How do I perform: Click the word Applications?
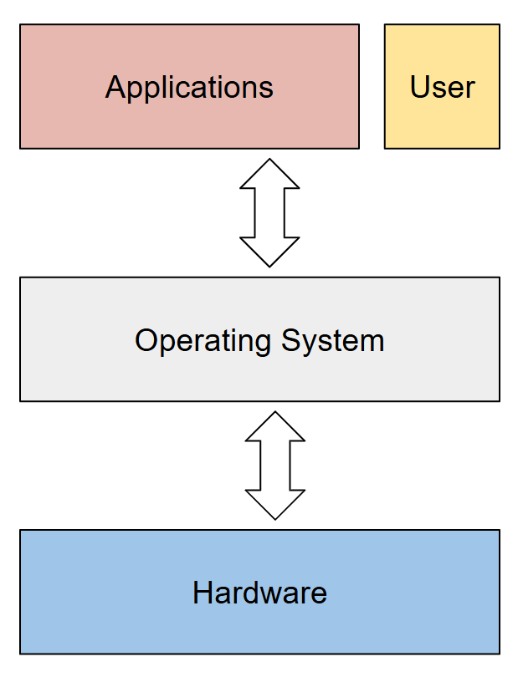click(x=189, y=88)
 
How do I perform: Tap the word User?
click(x=442, y=88)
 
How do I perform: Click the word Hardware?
click(x=259, y=593)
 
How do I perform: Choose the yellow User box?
click(x=442, y=125)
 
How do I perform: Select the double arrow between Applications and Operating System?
click(x=269, y=213)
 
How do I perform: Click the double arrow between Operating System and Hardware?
click(x=274, y=466)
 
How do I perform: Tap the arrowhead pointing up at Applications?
click(x=269, y=174)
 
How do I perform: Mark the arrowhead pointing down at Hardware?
click(x=274, y=504)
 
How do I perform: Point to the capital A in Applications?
click(x=115, y=88)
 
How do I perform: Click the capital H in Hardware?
click(x=202, y=593)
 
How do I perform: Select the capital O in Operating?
click(x=146, y=341)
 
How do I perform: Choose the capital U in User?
click(x=419, y=88)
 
